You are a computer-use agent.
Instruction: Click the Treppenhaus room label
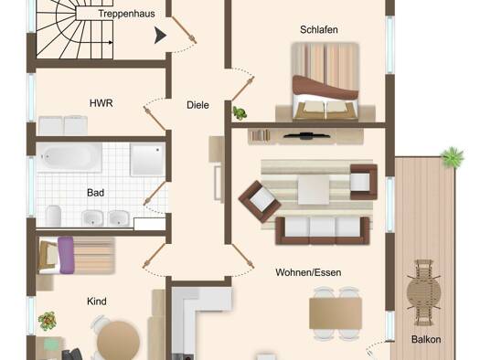tap(126, 14)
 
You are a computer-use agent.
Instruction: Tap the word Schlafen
tap(319, 29)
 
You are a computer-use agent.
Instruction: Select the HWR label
tap(101, 103)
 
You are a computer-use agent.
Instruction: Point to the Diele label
tap(197, 105)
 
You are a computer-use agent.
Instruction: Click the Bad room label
tap(95, 193)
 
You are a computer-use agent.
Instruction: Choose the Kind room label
tap(97, 302)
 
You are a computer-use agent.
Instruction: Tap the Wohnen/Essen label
tap(308, 272)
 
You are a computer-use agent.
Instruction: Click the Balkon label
tap(426, 339)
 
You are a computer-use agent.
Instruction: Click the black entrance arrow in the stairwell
tap(160, 35)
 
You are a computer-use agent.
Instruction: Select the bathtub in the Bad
tap(69, 157)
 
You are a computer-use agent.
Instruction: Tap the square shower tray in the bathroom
tap(148, 159)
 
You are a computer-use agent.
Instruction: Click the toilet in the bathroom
tap(53, 216)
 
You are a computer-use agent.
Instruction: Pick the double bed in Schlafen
tap(325, 81)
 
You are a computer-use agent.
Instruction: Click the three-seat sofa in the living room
tap(323, 230)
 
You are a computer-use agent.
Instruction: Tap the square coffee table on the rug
tap(314, 190)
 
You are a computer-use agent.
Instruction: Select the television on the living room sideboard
tap(306, 135)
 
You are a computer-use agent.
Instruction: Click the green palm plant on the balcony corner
tap(453, 157)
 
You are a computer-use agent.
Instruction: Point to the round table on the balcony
tap(424, 292)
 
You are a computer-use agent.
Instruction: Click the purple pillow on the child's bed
tap(66, 255)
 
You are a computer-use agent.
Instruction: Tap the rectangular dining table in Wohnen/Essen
tap(336, 313)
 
